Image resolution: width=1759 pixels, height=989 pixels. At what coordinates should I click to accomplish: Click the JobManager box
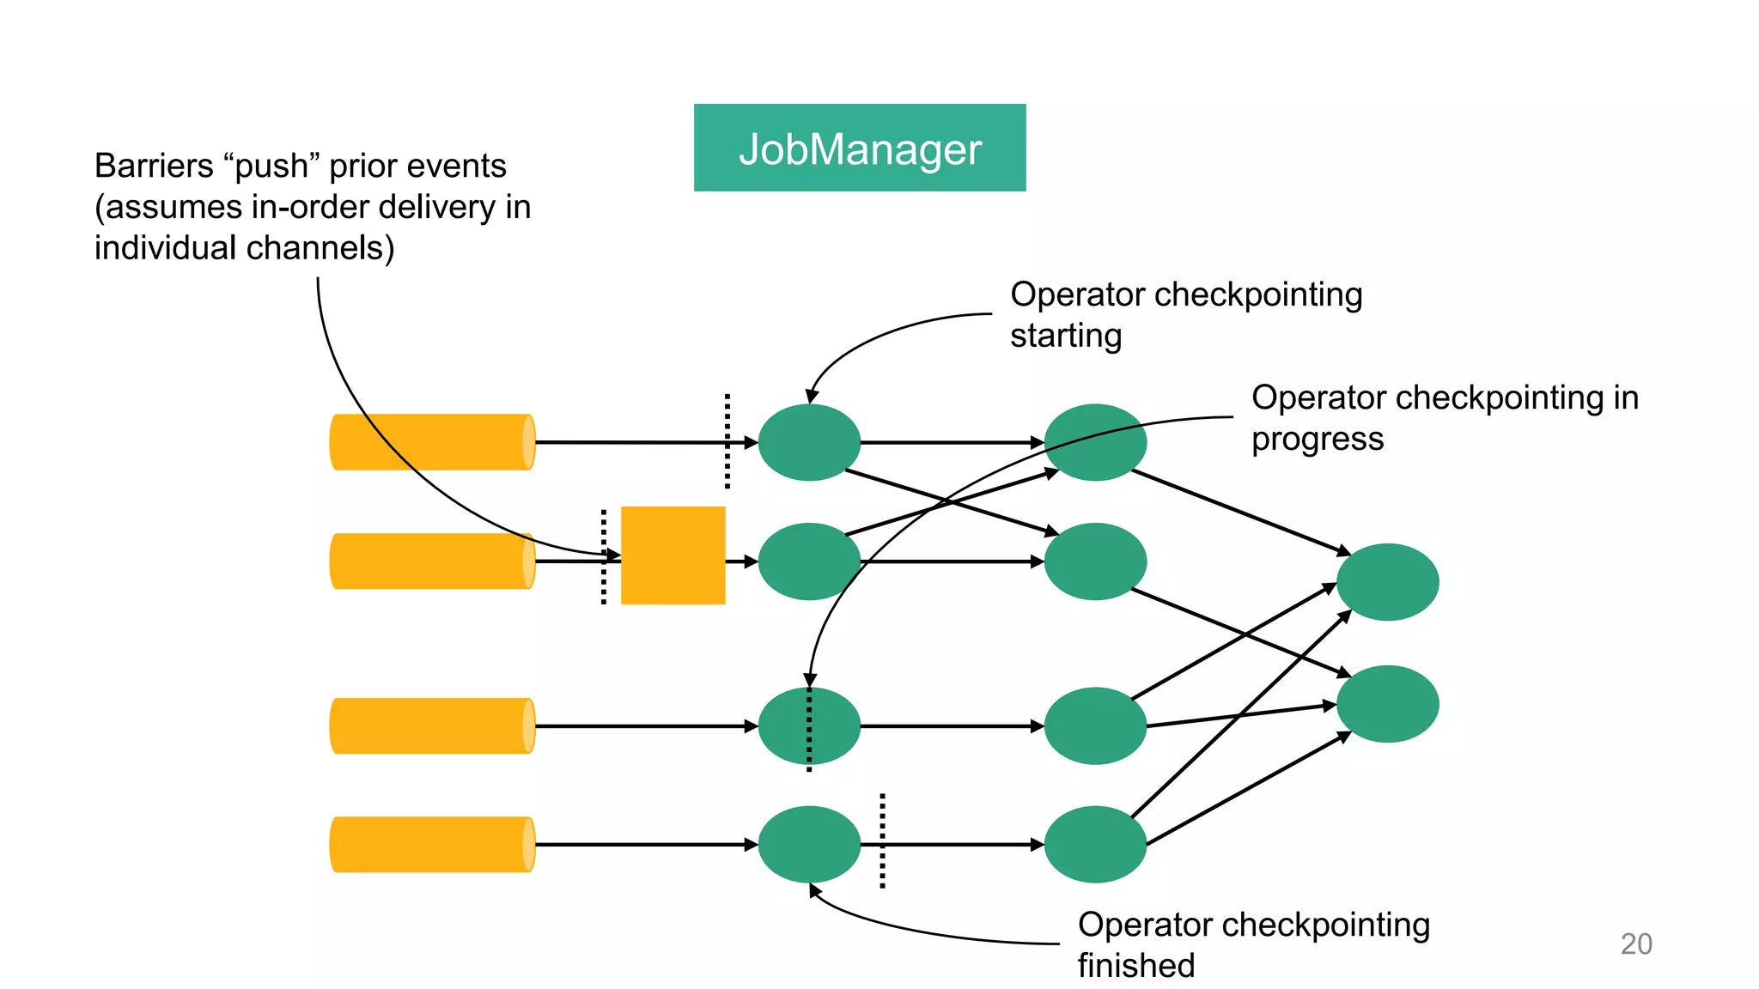coord(859,148)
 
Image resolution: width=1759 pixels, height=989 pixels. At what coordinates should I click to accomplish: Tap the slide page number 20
coord(1635,943)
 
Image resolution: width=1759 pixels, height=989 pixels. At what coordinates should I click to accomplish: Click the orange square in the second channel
coord(673,555)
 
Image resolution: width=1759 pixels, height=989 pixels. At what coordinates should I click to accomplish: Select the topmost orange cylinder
coord(432,442)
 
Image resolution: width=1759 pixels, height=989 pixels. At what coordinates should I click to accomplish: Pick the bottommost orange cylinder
coord(432,845)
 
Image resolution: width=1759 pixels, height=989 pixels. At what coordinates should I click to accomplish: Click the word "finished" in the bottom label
coord(1135,966)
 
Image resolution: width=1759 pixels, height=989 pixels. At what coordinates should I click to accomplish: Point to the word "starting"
coord(1065,336)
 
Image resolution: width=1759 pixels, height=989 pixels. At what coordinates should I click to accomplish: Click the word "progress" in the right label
coord(1317,439)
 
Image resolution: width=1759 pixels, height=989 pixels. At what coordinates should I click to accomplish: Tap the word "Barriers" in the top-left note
coord(153,166)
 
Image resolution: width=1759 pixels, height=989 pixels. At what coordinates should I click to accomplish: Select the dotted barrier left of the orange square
coord(604,556)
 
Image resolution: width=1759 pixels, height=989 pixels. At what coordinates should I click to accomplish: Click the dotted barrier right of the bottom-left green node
coord(882,840)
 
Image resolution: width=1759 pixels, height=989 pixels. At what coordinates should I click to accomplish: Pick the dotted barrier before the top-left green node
coord(727,441)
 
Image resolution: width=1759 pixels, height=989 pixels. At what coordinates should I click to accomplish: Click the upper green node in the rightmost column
coord(1387,582)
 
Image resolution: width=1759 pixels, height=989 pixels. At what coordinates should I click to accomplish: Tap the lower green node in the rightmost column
coord(1387,704)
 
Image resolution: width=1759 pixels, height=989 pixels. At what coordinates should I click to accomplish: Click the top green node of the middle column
coord(1095,442)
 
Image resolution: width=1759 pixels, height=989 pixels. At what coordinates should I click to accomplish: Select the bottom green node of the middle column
coord(1095,845)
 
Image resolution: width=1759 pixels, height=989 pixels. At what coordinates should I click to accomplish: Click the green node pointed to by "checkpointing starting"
coord(809,442)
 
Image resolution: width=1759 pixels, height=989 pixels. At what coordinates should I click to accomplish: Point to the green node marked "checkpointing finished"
coord(809,845)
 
